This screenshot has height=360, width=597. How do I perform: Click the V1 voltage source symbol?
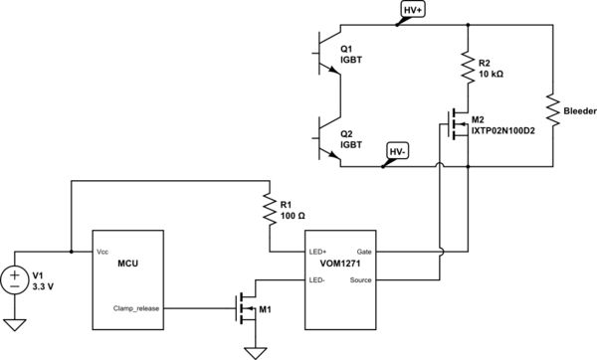pos(15,279)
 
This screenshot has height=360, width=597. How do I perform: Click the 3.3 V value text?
pos(46,286)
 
